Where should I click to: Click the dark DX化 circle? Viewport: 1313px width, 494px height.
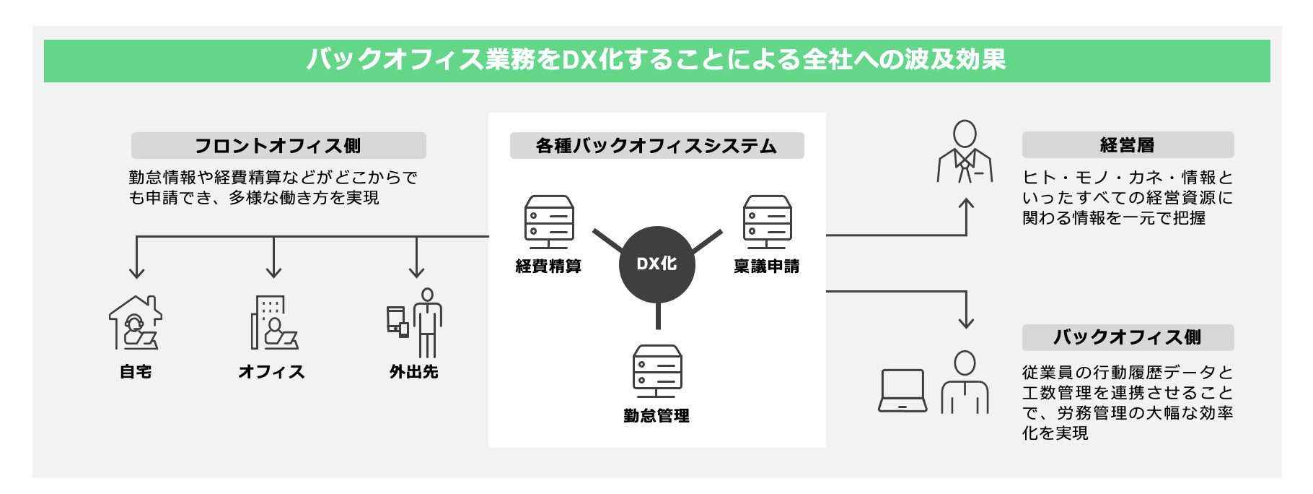(657, 264)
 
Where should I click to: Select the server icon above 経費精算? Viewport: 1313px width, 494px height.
(549, 222)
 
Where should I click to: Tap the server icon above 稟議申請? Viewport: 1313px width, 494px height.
(767, 222)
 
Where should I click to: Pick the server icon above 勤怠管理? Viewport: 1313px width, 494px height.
(657, 371)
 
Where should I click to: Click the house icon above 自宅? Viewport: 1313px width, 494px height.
(136, 323)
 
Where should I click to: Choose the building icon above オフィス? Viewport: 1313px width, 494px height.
(274, 323)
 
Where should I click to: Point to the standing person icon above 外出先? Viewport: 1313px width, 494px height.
(428, 323)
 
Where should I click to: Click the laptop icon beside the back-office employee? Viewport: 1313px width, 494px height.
(903, 391)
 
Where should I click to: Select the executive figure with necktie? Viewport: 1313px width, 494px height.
(965, 152)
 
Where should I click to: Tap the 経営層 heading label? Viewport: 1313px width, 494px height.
(1127, 145)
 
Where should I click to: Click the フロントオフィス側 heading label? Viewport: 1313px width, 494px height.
(278, 146)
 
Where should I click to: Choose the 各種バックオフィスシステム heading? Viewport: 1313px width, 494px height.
(656, 146)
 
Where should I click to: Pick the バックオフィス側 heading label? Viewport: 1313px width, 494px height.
(1127, 337)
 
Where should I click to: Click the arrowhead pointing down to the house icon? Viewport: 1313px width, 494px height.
(137, 273)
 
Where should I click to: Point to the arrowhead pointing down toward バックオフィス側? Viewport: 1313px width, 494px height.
(966, 323)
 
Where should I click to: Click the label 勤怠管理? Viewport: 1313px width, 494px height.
(656, 416)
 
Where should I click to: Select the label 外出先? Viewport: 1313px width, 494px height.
(414, 372)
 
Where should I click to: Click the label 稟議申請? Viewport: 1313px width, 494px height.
(766, 266)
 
